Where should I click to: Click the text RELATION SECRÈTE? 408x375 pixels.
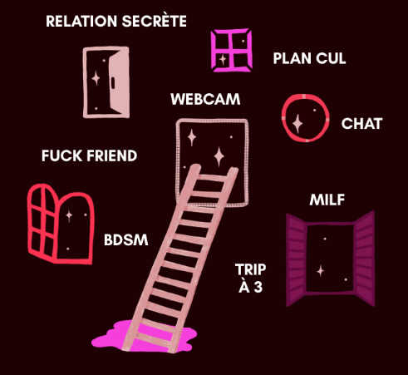tap(116, 21)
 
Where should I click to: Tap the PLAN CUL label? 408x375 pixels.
tap(309, 58)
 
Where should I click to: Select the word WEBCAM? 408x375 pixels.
tap(205, 99)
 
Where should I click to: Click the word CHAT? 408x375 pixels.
tap(361, 124)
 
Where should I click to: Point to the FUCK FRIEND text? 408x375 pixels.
tap(89, 155)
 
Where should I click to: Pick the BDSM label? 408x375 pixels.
tap(126, 240)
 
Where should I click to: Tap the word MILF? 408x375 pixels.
tap(327, 200)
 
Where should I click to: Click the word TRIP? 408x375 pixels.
tap(250, 269)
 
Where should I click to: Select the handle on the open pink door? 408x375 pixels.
tap(113, 83)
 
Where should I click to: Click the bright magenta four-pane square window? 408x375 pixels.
tap(231, 50)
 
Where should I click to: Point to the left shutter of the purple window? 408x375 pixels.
tap(297, 260)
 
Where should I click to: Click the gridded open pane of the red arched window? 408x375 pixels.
tap(42, 223)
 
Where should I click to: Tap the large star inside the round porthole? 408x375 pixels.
tap(297, 124)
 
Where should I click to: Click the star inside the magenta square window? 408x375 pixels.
tap(223, 59)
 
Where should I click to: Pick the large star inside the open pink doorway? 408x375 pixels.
tap(96, 78)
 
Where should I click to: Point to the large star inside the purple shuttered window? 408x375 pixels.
tap(321, 271)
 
